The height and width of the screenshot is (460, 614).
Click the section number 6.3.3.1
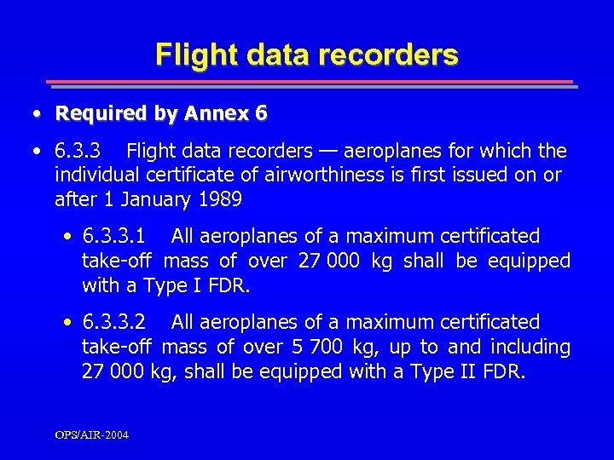coord(114,236)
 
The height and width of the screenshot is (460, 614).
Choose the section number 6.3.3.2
coord(114,322)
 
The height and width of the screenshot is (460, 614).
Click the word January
coord(156,200)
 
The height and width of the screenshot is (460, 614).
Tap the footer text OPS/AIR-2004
coord(92,435)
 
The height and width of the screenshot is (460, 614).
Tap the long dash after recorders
coord(327,152)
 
